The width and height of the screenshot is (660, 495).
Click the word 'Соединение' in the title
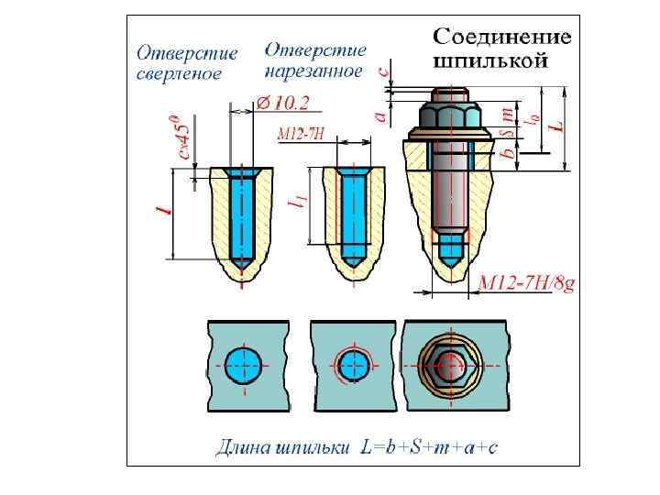pos(501,38)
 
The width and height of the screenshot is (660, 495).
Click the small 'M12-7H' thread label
pos(301,134)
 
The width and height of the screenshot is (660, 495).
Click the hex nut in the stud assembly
pos(446,116)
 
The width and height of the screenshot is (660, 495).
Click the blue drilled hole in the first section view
pos(243,217)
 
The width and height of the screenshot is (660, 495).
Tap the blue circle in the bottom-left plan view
pos(243,365)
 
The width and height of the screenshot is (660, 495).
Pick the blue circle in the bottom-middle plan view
pos(352,365)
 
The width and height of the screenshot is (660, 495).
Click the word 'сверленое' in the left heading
pos(180,74)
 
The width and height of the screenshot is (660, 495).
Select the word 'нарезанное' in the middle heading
pos(313,71)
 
